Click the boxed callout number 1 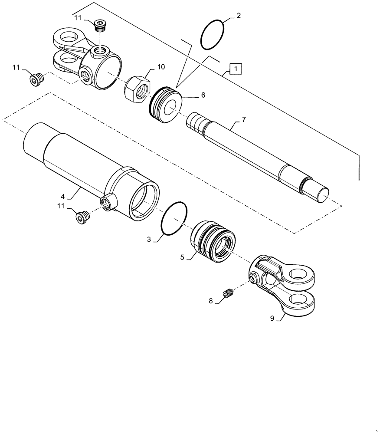tap(235, 69)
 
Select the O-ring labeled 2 tap(213, 34)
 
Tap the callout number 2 tap(238, 16)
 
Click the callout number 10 tap(161, 67)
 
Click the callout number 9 tap(272, 319)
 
